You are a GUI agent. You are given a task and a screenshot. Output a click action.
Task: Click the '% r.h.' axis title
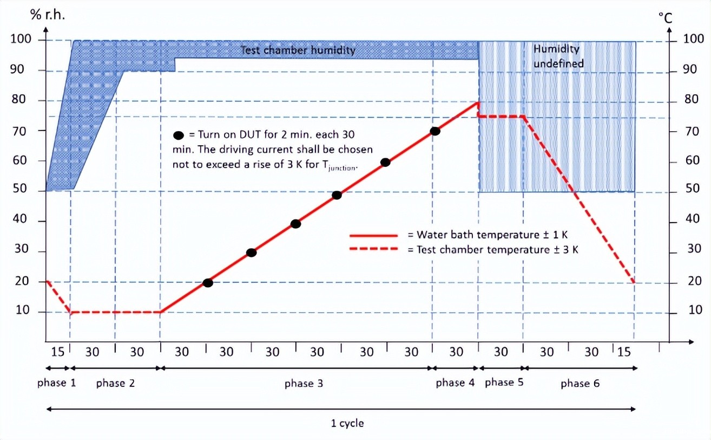point(48,15)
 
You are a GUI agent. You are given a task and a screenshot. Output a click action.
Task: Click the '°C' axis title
point(665,18)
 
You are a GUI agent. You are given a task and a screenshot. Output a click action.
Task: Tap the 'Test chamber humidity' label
point(298,50)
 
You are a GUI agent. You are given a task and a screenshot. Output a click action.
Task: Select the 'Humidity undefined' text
point(558,56)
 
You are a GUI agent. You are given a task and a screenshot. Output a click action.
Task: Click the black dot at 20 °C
point(208,282)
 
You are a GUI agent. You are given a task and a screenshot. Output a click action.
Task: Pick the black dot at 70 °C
point(435,131)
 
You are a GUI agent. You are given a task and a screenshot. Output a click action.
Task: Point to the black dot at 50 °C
point(337,195)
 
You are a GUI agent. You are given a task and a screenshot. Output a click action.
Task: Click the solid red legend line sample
point(374,236)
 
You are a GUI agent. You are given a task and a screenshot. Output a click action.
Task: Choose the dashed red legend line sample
point(374,250)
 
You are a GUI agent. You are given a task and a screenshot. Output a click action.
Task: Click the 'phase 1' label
point(56,383)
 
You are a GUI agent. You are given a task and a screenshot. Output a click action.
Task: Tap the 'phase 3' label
point(304,384)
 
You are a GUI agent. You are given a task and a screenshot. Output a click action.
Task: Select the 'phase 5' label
point(504,383)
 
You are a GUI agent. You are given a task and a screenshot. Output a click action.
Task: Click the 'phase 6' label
point(580,384)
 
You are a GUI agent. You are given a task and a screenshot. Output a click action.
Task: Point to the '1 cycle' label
point(347,423)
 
